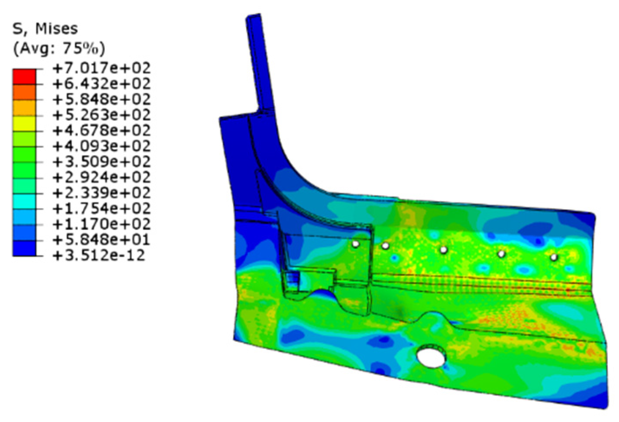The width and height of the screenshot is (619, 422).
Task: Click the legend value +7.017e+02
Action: pos(101,68)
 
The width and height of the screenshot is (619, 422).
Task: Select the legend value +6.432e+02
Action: pos(101,84)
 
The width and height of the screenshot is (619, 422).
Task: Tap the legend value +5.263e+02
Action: pos(101,115)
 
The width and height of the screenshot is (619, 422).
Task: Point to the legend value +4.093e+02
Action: pos(101,146)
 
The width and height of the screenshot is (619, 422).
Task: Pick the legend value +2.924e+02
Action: pos(101,177)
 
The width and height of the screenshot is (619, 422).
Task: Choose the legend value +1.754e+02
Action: pos(101,209)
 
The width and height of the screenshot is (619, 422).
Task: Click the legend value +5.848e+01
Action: pos(101,240)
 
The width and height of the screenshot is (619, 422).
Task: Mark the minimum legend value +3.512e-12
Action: pos(99,256)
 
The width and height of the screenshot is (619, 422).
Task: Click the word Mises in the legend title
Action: pos(56,29)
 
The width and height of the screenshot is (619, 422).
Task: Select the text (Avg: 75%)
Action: pos(59,49)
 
